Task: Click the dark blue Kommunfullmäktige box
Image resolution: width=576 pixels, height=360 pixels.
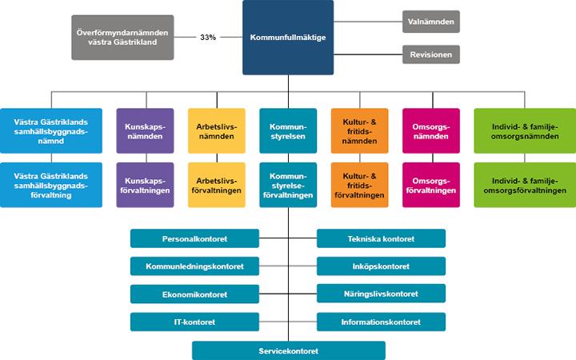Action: (x=288, y=37)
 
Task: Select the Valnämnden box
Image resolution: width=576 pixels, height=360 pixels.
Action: (x=431, y=22)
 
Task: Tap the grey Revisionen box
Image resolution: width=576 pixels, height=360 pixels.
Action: (x=431, y=54)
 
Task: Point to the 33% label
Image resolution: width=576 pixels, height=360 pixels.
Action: (x=208, y=37)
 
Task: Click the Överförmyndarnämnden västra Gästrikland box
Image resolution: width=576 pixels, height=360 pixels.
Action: (x=122, y=37)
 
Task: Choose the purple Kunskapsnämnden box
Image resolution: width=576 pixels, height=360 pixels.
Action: (x=145, y=130)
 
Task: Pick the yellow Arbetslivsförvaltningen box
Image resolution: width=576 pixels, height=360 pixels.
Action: (x=216, y=185)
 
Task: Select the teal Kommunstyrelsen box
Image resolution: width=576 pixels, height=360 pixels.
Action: (x=288, y=130)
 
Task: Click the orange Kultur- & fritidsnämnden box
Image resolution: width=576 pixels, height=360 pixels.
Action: (x=360, y=130)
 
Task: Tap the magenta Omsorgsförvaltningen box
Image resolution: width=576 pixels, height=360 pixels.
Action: (x=431, y=185)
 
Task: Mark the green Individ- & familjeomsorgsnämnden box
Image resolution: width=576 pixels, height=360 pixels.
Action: (x=525, y=130)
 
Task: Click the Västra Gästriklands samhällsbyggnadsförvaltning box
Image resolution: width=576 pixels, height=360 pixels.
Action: (x=51, y=185)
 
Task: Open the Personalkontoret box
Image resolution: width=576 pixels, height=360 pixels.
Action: (x=194, y=238)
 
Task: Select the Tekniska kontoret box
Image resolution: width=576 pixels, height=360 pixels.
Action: (x=381, y=238)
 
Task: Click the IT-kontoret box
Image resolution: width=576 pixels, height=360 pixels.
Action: (x=194, y=322)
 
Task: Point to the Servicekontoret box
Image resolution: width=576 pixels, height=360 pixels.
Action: (x=289, y=350)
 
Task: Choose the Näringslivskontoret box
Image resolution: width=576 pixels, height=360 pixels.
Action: (x=381, y=294)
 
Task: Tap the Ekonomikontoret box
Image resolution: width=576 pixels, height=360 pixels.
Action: (x=194, y=294)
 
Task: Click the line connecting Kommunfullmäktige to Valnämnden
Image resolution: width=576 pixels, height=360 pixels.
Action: (x=368, y=22)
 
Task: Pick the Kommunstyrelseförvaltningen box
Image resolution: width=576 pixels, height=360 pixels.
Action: (x=288, y=185)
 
